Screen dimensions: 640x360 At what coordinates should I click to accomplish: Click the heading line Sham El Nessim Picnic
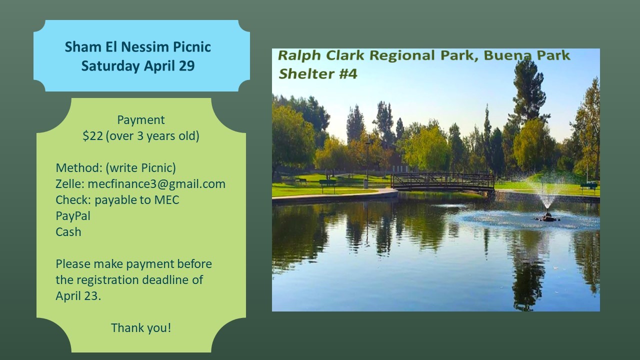[x=137, y=47]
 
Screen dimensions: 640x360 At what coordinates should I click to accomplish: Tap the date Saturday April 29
[x=137, y=66]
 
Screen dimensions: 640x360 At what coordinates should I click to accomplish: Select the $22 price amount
[x=92, y=136]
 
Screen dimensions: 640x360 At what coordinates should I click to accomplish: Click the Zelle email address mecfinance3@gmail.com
[x=156, y=184]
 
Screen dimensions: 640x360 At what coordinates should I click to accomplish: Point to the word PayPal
[x=73, y=216]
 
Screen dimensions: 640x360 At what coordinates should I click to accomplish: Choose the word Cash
[x=68, y=232]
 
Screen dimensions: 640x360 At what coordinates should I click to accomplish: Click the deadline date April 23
[x=78, y=296]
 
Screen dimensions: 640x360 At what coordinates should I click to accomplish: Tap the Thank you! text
[x=141, y=328]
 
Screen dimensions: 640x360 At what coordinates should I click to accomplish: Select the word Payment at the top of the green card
[x=141, y=120]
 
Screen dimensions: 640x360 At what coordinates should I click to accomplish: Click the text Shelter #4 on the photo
[x=317, y=74]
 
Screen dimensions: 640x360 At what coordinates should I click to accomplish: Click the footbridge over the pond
[x=442, y=182]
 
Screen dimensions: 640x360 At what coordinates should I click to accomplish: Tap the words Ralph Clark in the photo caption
[x=321, y=55]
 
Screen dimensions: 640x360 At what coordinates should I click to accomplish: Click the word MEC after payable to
[x=166, y=200]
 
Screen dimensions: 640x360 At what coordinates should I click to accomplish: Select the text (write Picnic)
[x=140, y=168]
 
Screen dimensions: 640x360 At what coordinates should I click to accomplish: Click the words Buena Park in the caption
[x=526, y=55]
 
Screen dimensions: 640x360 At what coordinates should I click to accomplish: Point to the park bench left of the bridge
[x=327, y=184]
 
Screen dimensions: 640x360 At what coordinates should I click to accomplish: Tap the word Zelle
[x=69, y=184]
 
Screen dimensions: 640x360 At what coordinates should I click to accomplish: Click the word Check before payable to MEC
[x=73, y=200]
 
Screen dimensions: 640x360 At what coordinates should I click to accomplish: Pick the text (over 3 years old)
[x=152, y=136]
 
